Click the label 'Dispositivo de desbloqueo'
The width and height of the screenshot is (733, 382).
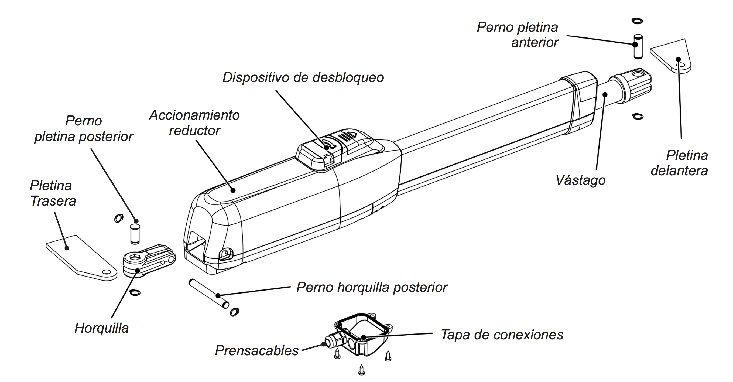click(303, 77)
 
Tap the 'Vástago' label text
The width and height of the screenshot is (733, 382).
click(580, 180)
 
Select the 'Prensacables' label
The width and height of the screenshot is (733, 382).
click(257, 350)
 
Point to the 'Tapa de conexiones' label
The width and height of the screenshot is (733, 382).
click(502, 335)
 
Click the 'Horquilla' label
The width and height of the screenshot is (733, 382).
click(102, 328)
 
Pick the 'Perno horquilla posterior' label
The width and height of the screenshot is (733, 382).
click(372, 287)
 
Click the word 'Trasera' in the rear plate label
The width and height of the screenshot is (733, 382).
click(53, 201)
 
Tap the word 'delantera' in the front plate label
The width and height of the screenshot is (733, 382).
click(679, 171)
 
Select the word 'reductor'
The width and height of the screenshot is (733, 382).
click(195, 131)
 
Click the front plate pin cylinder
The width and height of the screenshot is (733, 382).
click(638, 46)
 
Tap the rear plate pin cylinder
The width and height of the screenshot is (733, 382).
click(135, 234)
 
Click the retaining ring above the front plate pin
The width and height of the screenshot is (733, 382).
click(637, 21)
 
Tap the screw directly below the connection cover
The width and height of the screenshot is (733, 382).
click(361, 370)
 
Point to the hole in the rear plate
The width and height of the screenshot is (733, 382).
click(107, 272)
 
